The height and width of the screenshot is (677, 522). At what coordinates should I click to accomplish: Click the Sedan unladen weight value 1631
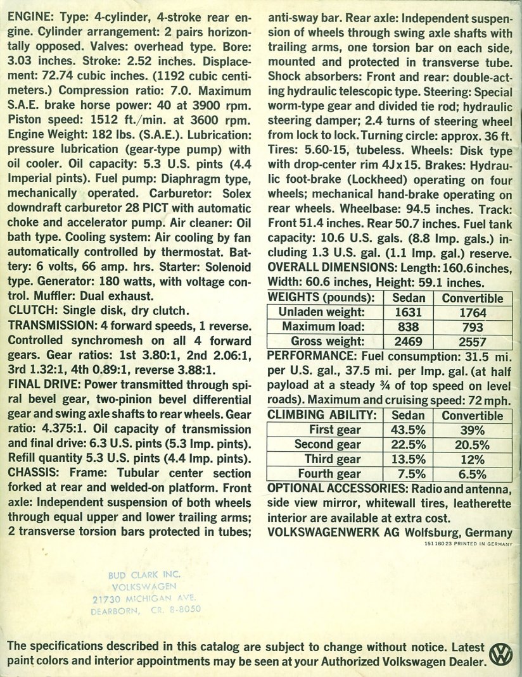(409, 313)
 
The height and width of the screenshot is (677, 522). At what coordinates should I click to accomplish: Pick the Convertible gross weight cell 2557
(473, 342)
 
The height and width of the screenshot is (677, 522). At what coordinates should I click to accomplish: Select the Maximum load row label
(324, 327)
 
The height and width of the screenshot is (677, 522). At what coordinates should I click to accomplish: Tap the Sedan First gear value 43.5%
(409, 430)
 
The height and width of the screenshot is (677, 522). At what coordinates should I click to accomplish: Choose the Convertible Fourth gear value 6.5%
(473, 474)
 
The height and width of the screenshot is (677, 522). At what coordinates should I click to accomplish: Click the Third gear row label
(333, 459)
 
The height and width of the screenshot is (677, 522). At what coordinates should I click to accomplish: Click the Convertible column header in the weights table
(473, 298)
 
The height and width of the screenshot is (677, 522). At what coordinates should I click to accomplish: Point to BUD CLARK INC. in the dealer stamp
(144, 574)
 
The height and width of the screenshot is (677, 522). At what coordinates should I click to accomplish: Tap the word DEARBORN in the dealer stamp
(117, 611)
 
